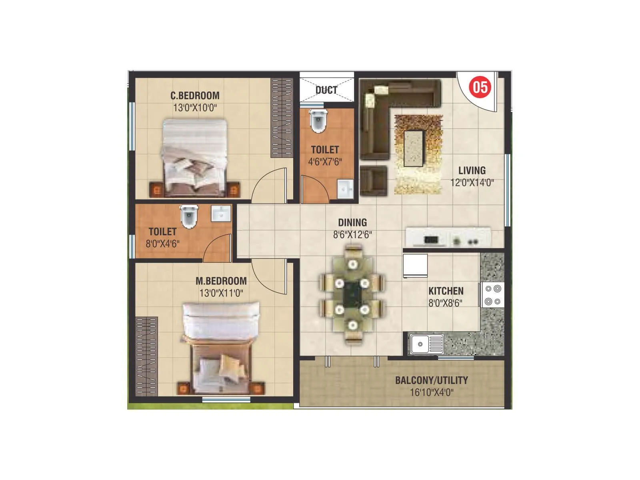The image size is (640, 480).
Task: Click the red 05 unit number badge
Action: [480, 87]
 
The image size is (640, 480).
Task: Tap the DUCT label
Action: [326, 90]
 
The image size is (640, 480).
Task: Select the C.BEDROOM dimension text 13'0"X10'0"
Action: [195, 108]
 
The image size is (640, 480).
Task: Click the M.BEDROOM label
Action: [221, 281]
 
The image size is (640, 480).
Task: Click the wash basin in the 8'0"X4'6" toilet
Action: [221, 214]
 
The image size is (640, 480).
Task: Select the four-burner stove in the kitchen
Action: [492, 295]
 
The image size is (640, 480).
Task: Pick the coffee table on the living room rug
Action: [413, 148]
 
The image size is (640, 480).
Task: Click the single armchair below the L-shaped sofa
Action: [374, 181]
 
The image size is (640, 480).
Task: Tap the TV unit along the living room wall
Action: [448, 238]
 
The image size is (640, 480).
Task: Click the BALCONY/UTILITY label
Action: [431, 380]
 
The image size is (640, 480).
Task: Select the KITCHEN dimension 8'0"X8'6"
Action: [445, 303]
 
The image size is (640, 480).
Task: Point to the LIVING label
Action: [472, 170]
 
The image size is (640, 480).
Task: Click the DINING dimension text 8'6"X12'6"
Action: [352, 235]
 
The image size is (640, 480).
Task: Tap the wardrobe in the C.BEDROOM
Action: [282, 118]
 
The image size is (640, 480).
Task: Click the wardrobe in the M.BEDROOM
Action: [146, 356]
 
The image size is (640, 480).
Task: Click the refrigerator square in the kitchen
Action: [415, 266]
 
